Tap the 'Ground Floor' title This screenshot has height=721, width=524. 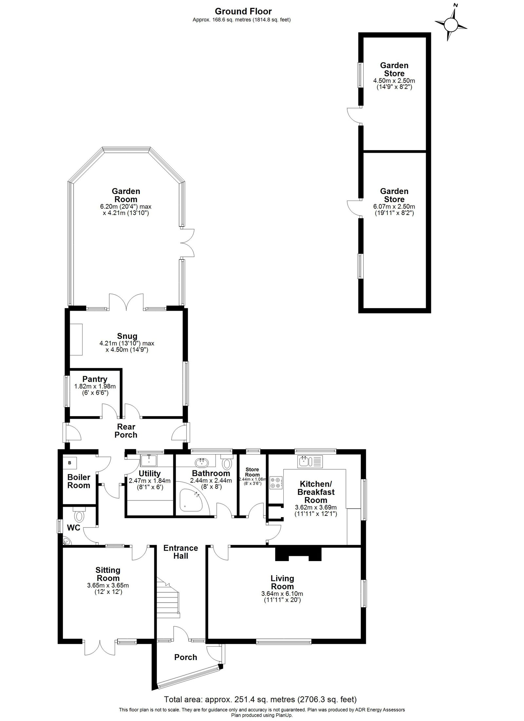coord(243,11)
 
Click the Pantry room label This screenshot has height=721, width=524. coord(95,379)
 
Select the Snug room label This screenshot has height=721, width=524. coord(127,336)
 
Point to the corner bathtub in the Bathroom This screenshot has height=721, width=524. coord(193,503)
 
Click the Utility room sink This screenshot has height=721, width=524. coord(149,460)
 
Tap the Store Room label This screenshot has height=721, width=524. coord(252,472)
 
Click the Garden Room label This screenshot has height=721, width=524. coord(126,195)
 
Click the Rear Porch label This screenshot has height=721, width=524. coord(126,431)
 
